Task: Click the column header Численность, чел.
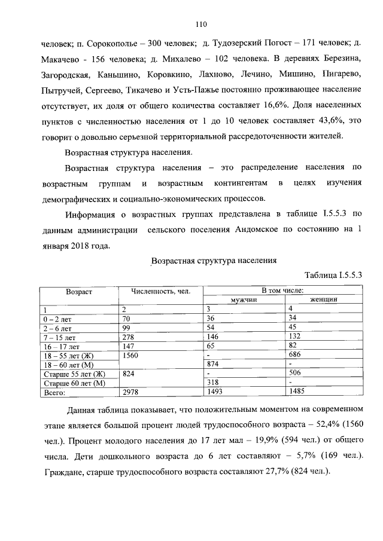(x=161, y=292)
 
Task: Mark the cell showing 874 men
(x=213, y=364)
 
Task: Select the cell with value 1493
(x=215, y=393)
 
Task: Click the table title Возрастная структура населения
(x=214, y=261)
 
